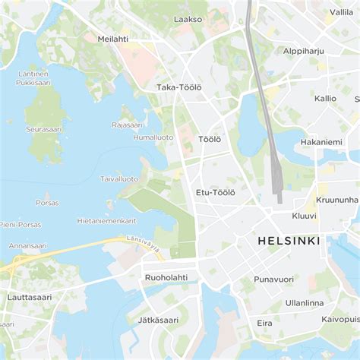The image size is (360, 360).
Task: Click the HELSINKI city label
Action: point(289,241)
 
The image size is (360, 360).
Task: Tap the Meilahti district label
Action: point(112,38)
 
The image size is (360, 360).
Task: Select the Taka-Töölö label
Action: point(178,87)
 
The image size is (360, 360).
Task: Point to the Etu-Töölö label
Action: point(215,192)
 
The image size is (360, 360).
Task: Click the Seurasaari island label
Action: point(43,129)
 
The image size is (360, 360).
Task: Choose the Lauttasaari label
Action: point(30,297)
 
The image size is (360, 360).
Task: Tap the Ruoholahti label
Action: point(166,277)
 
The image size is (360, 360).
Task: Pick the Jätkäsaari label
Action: point(158,320)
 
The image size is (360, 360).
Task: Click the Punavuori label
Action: point(273,279)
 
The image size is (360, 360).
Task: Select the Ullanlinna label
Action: point(304,302)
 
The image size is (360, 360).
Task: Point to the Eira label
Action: point(264,323)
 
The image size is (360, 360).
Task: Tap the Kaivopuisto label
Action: point(339,320)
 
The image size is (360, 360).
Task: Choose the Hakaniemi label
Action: point(321,141)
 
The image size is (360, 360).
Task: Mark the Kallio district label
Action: point(325,98)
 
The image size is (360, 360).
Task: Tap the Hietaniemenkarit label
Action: point(106,220)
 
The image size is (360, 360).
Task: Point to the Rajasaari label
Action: point(127,125)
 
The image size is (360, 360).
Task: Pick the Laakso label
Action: point(188,19)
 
